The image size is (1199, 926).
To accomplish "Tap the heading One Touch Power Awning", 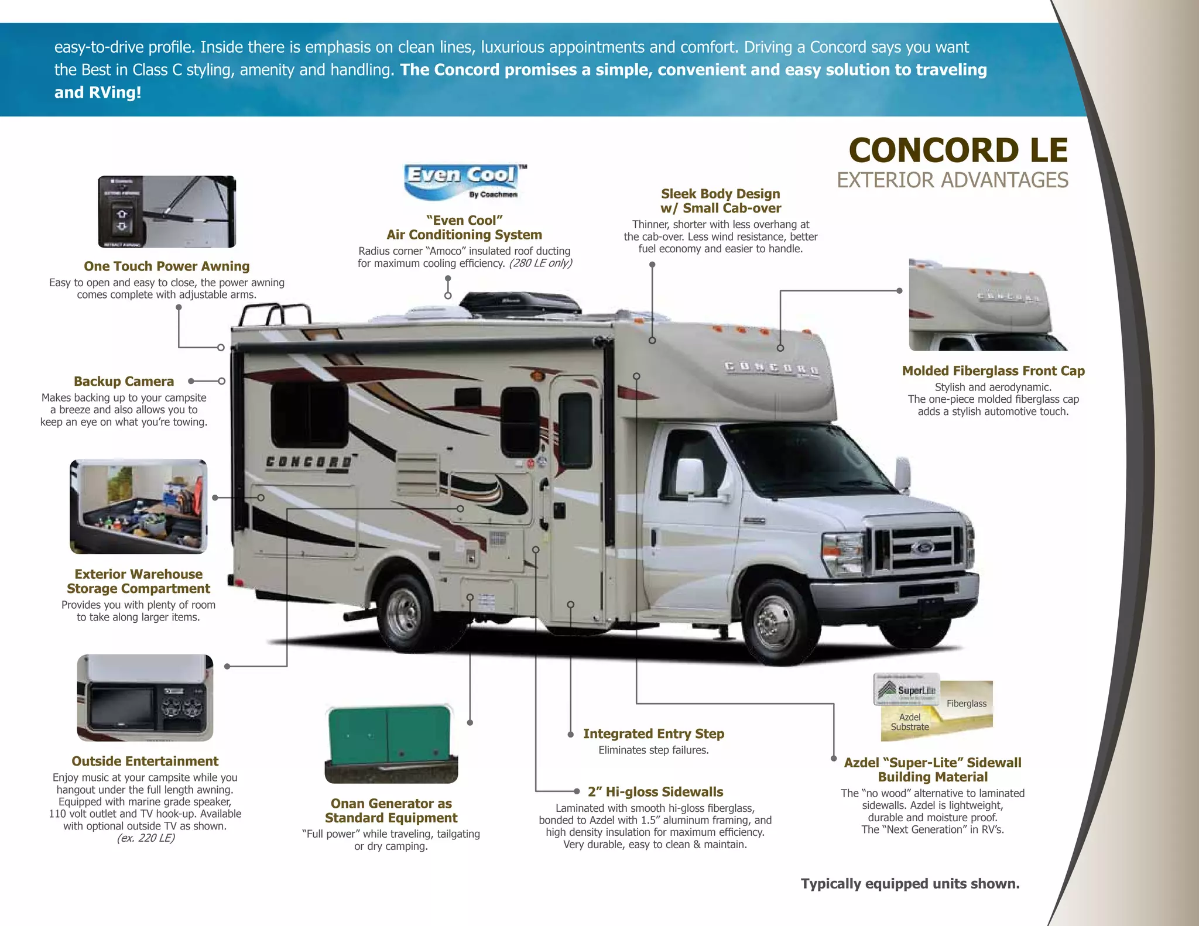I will (166, 266).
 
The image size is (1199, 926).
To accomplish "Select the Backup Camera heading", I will (124, 382).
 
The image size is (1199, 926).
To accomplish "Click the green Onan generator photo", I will (391, 743).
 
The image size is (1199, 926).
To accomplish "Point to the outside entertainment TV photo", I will (145, 698).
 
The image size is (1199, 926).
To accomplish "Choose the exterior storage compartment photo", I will (139, 506).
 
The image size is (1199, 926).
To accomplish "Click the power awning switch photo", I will (167, 212).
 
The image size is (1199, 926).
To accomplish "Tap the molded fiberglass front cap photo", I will (988, 305).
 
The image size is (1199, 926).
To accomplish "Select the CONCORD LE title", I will (958, 150).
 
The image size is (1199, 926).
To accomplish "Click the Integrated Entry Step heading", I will (653, 734).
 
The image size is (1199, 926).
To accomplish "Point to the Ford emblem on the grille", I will (923, 548).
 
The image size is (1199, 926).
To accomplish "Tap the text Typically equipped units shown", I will (910, 884).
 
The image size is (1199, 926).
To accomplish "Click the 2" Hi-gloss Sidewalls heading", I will (655, 792).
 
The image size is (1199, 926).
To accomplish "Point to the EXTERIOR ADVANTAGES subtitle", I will (952, 180).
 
